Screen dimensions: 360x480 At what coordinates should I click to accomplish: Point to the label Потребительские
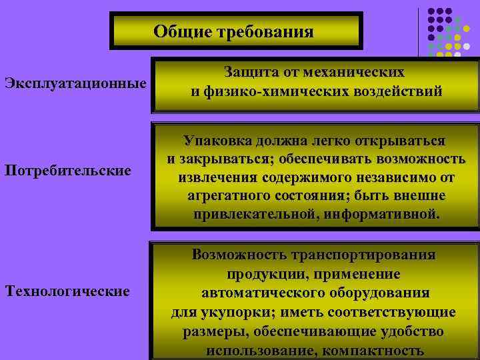(x=67, y=171)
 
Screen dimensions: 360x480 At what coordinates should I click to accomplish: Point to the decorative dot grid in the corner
(x=445, y=31)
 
